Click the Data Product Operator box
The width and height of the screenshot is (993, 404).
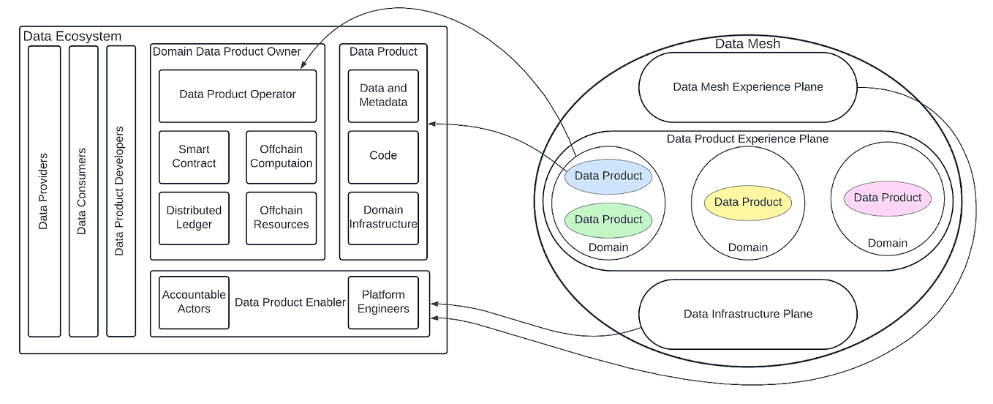pos(238,95)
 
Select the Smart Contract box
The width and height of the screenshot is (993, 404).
pos(194,157)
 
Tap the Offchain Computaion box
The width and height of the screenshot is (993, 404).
pos(281,157)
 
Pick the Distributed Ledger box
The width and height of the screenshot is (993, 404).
pos(194,218)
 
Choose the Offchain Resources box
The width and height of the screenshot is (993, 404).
pos(281,218)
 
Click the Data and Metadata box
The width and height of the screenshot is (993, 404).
pos(383,96)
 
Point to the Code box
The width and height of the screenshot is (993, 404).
pos(383,157)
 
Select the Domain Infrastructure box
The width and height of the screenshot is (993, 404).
pos(383,218)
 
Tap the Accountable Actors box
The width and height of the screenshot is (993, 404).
pos(194,302)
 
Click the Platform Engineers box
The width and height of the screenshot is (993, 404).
pos(383,302)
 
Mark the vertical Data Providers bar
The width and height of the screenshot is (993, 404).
pos(44,191)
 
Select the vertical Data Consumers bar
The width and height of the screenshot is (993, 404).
pos(83,191)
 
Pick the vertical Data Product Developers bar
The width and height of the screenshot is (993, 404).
pos(121,191)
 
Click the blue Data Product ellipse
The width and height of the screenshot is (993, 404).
pos(608,176)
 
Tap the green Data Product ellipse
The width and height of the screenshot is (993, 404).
pos(608,220)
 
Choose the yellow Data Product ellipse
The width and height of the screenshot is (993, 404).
pos(748,203)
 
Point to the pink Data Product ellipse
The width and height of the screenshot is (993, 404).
pos(888,198)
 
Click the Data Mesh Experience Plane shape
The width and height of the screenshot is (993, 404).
pos(748,87)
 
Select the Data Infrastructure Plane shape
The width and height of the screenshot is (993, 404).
pos(748,315)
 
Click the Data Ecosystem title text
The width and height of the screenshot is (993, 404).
pos(72,37)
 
